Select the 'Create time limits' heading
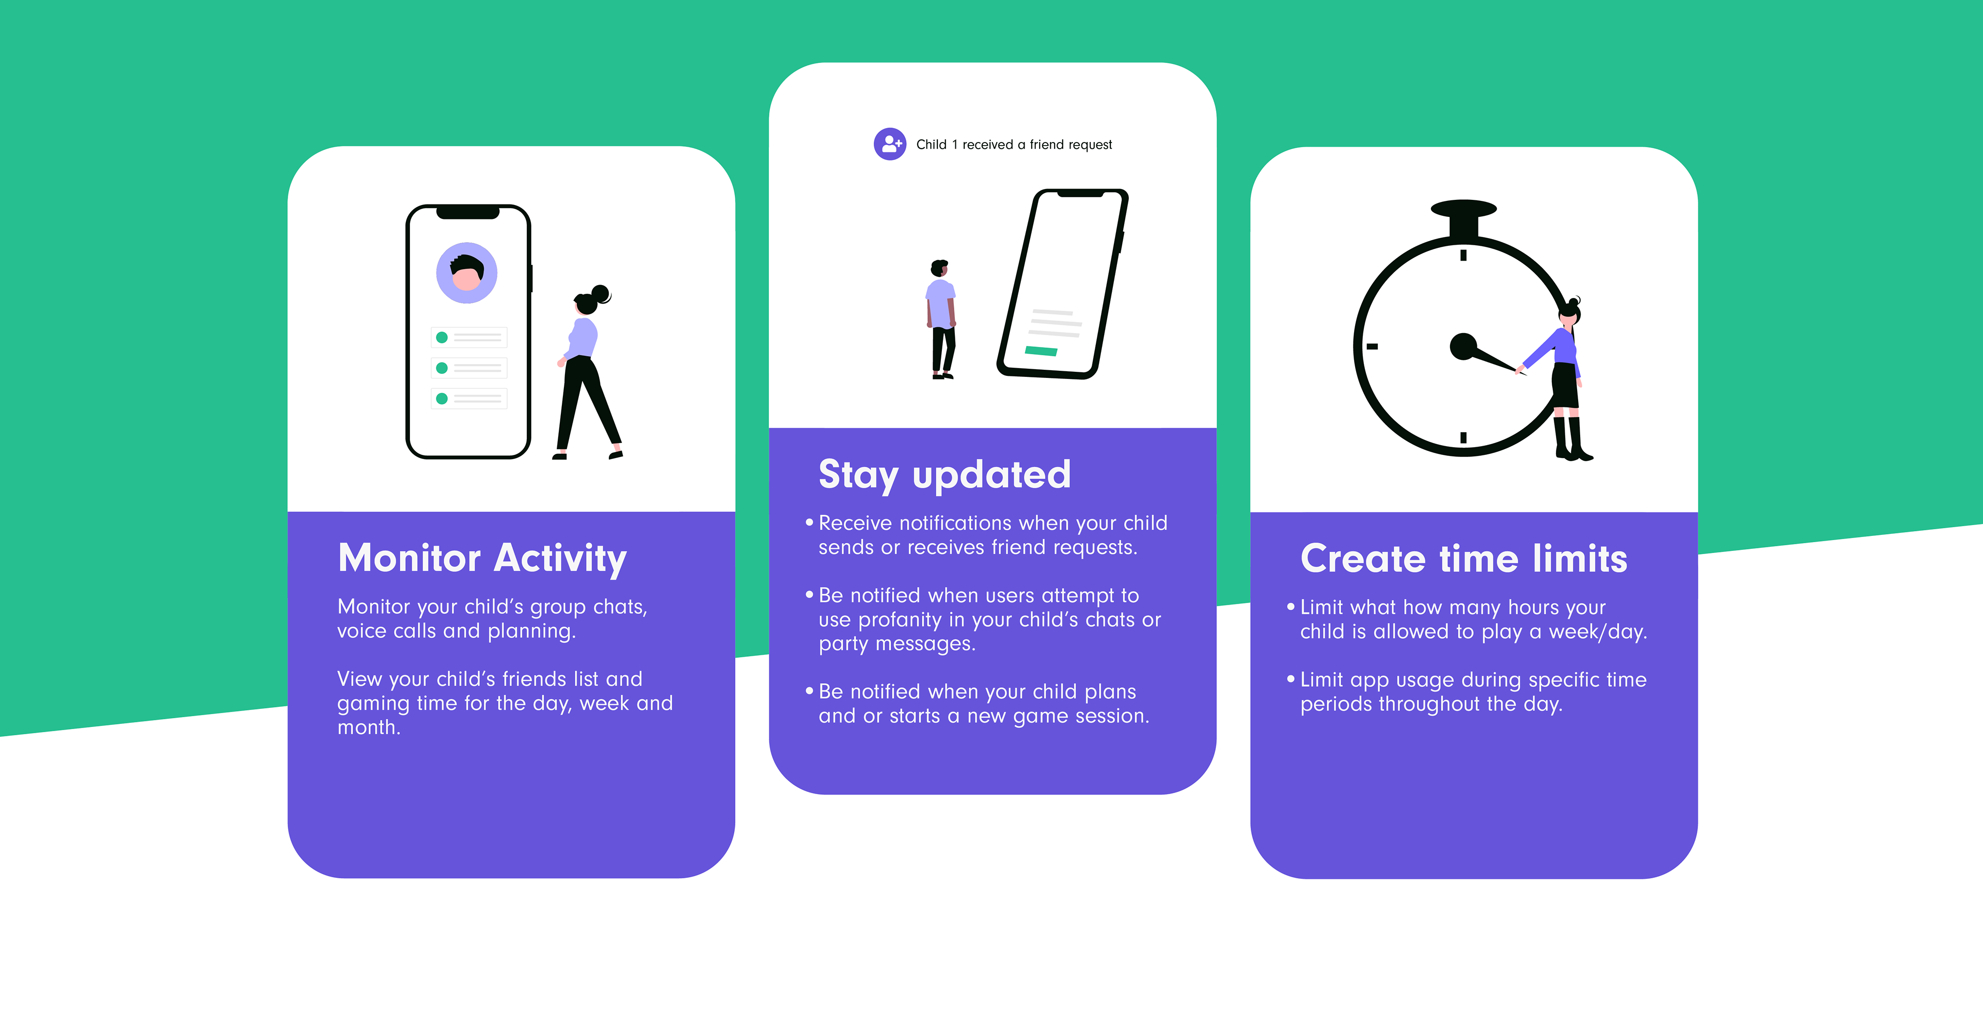coord(1463,558)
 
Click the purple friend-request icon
coord(890,144)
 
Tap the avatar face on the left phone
coord(466,273)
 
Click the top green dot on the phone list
coord(442,337)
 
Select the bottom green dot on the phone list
coord(442,399)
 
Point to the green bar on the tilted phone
coord(1041,351)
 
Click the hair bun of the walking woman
coord(601,293)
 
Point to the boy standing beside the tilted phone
coord(941,320)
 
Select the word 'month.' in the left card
coord(369,728)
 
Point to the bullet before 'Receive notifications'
coord(809,523)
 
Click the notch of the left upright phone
coord(468,212)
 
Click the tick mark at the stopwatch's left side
coord(1372,346)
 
